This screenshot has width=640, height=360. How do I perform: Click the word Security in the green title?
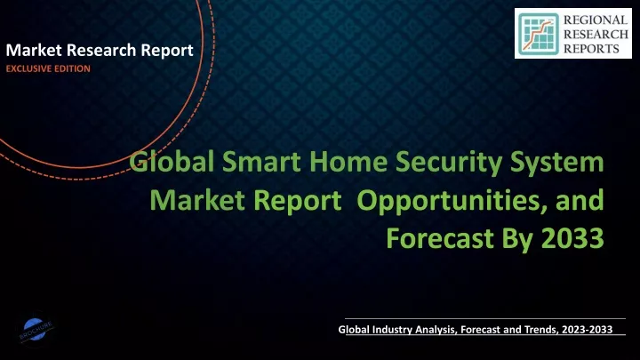[x=449, y=163]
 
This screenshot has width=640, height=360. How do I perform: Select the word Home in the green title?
[x=348, y=162]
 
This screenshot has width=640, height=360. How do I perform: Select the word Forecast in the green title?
[x=440, y=238]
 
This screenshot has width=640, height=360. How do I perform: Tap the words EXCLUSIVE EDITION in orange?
[x=48, y=68]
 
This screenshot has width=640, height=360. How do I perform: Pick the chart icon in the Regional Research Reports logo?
[x=539, y=34]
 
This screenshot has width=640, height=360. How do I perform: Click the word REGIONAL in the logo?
[x=595, y=20]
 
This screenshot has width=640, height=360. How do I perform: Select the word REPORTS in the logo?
[x=591, y=49]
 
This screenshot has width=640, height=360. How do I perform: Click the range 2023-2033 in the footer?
[x=587, y=330]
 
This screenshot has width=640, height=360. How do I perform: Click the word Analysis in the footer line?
[x=436, y=330]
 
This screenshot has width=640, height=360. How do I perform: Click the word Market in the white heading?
[x=34, y=50]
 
